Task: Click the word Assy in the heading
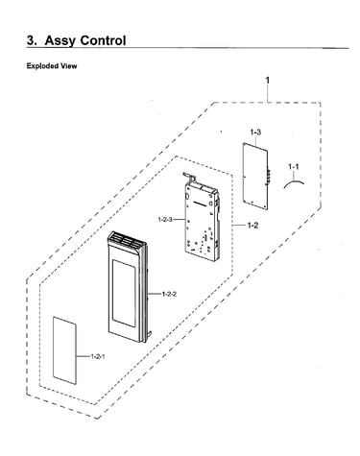60,41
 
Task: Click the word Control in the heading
103,40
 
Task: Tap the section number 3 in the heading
32,40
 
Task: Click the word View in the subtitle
68,66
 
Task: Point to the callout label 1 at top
268,81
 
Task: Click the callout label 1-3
255,132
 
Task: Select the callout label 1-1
294,166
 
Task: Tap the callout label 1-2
252,226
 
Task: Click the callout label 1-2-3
165,220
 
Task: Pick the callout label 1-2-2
169,294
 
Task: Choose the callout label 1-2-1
98,356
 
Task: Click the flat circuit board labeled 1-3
255,176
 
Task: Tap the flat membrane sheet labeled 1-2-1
64,350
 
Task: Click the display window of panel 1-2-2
124,293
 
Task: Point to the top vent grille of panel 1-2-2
125,242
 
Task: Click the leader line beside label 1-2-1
84,356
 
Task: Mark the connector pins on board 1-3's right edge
268,177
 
